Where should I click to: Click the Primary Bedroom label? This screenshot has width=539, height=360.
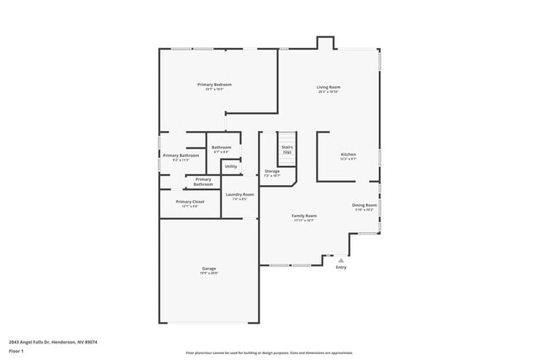[x=214, y=85]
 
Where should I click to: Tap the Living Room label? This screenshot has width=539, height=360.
[x=328, y=87]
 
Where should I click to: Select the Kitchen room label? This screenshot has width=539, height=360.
[x=348, y=155]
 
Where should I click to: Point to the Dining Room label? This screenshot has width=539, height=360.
[x=365, y=205]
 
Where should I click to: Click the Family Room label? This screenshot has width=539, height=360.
[x=304, y=216]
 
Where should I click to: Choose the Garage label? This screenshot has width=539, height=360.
[x=209, y=268]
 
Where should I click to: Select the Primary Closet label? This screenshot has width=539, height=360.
[x=190, y=202]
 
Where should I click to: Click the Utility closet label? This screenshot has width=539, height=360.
[x=231, y=166]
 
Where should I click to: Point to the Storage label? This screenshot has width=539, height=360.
[x=272, y=171]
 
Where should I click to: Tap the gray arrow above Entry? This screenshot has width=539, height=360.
[x=341, y=260]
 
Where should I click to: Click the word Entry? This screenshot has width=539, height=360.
[x=341, y=268]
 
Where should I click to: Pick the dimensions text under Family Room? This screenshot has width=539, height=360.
[x=304, y=221]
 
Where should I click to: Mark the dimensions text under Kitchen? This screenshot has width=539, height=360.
[x=348, y=160]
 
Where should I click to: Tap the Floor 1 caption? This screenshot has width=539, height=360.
[x=16, y=351]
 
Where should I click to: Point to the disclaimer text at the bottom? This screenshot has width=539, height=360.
[x=269, y=353]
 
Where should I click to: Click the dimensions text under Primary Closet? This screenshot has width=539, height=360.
[x=190, y=207]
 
